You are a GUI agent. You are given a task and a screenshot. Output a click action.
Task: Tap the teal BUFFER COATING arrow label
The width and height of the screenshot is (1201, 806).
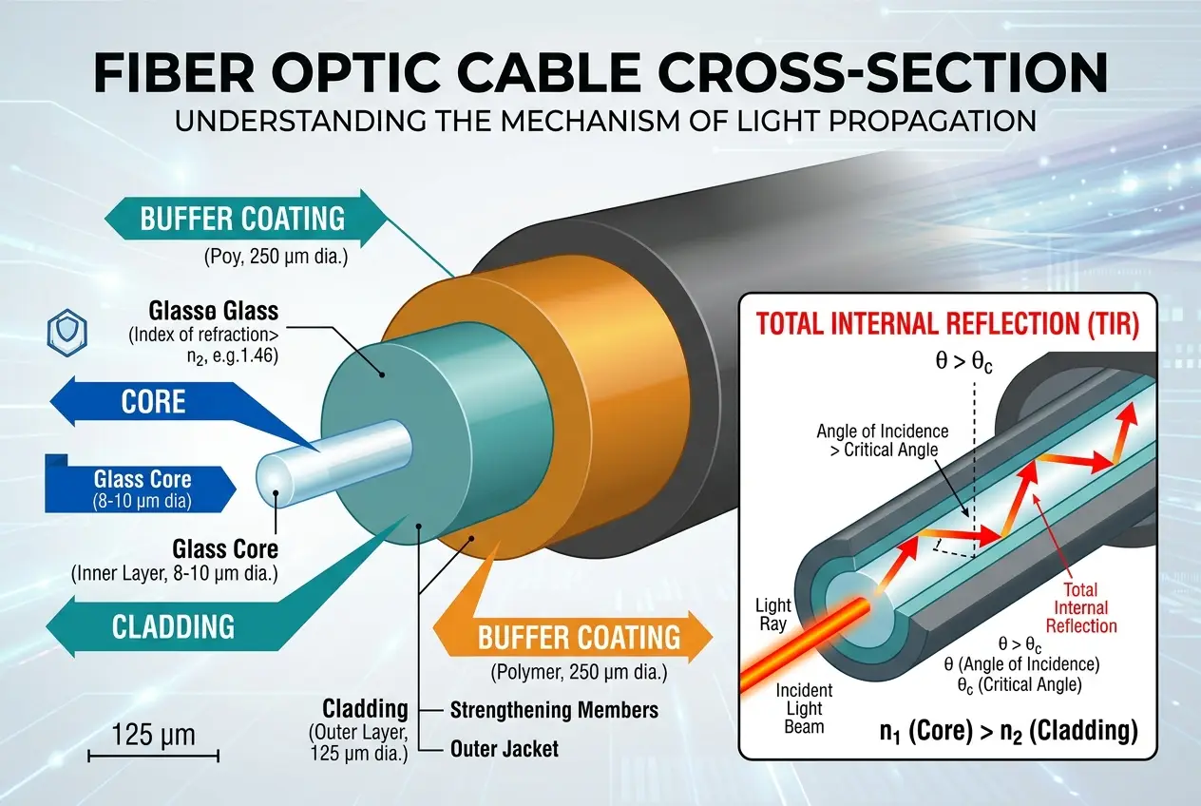point(241,218)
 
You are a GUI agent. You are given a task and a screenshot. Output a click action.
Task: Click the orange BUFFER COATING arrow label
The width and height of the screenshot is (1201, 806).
point(579,637)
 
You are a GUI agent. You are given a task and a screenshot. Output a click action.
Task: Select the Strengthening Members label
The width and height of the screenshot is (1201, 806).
point(553,710)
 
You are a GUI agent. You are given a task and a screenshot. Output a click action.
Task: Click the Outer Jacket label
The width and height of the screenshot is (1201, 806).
point(504,749)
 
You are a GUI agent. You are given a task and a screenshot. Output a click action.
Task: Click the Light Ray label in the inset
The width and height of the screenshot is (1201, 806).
point(772,614)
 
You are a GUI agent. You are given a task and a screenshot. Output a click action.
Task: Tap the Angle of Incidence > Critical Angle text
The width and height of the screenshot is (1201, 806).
point(882,440)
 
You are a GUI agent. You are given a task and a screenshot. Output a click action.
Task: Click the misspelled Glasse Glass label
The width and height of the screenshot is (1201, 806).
point(213,310)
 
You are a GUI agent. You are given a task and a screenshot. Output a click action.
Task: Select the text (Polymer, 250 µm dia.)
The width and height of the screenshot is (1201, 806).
point(579,674)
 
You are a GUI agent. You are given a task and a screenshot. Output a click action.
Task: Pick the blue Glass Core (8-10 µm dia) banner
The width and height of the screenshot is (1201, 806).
point(142,489)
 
